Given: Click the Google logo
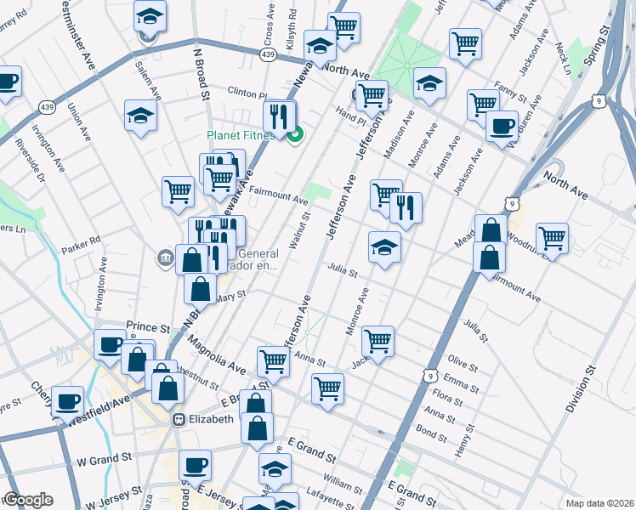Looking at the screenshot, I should tap(28, 500).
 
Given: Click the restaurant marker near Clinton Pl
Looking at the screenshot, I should tap(279, 116).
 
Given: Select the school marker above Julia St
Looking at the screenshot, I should tap(384, 247).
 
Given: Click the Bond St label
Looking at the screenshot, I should tap(433, 436).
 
